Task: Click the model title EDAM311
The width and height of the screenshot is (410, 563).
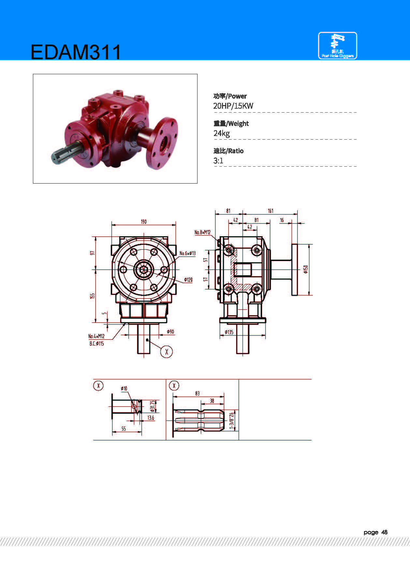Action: pyautogui.click(x=76, y=52)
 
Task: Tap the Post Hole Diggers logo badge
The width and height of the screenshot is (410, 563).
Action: pyautogui.click(x=337, y=46)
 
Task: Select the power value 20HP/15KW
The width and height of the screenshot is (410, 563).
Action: pyautogui.click(x=233, y=106)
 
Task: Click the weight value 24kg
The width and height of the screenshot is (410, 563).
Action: pyautogui.click(x=222, y=133)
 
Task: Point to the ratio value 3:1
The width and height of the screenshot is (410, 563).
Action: pyautogui.click(x=218, y=160)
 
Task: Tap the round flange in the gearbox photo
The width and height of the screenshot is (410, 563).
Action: pyautogui.click(x=162, y=143)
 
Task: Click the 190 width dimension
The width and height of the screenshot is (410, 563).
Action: pyautogui.click(x=144, y=222)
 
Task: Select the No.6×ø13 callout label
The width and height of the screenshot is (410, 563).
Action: pyautogui.click(x=188, y=253)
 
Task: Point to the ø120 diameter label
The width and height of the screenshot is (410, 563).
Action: pyautogui.click(x=188, y=280)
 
